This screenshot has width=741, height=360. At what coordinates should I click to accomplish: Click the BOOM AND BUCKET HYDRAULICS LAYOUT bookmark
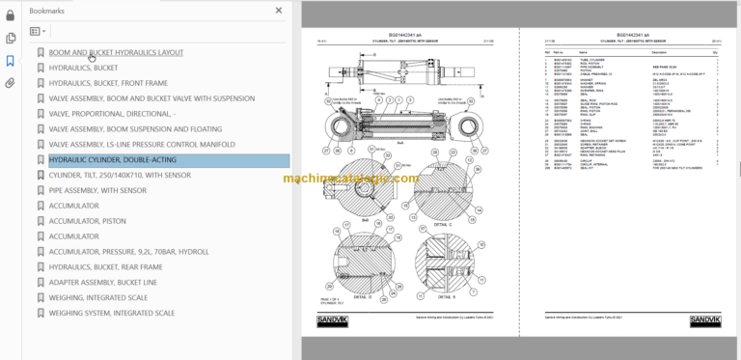click(116, 53)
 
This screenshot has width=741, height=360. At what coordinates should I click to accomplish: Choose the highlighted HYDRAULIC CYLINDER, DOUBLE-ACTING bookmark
click(112, 160)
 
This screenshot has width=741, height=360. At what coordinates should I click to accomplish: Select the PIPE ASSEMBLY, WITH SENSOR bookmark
click(97, 191)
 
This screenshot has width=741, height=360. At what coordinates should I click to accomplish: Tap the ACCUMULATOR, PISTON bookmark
click(87, 221)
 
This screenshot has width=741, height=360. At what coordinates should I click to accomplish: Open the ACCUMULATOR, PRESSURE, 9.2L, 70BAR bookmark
click(128, 252)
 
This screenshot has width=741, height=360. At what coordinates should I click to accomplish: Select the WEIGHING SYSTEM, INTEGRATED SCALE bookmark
click(111, 313)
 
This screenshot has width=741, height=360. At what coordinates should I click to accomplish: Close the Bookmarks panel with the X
click(279, 11)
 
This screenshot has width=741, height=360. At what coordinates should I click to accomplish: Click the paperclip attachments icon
click(11, 83)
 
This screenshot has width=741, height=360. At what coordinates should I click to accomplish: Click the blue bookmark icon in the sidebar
click(11, 61)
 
